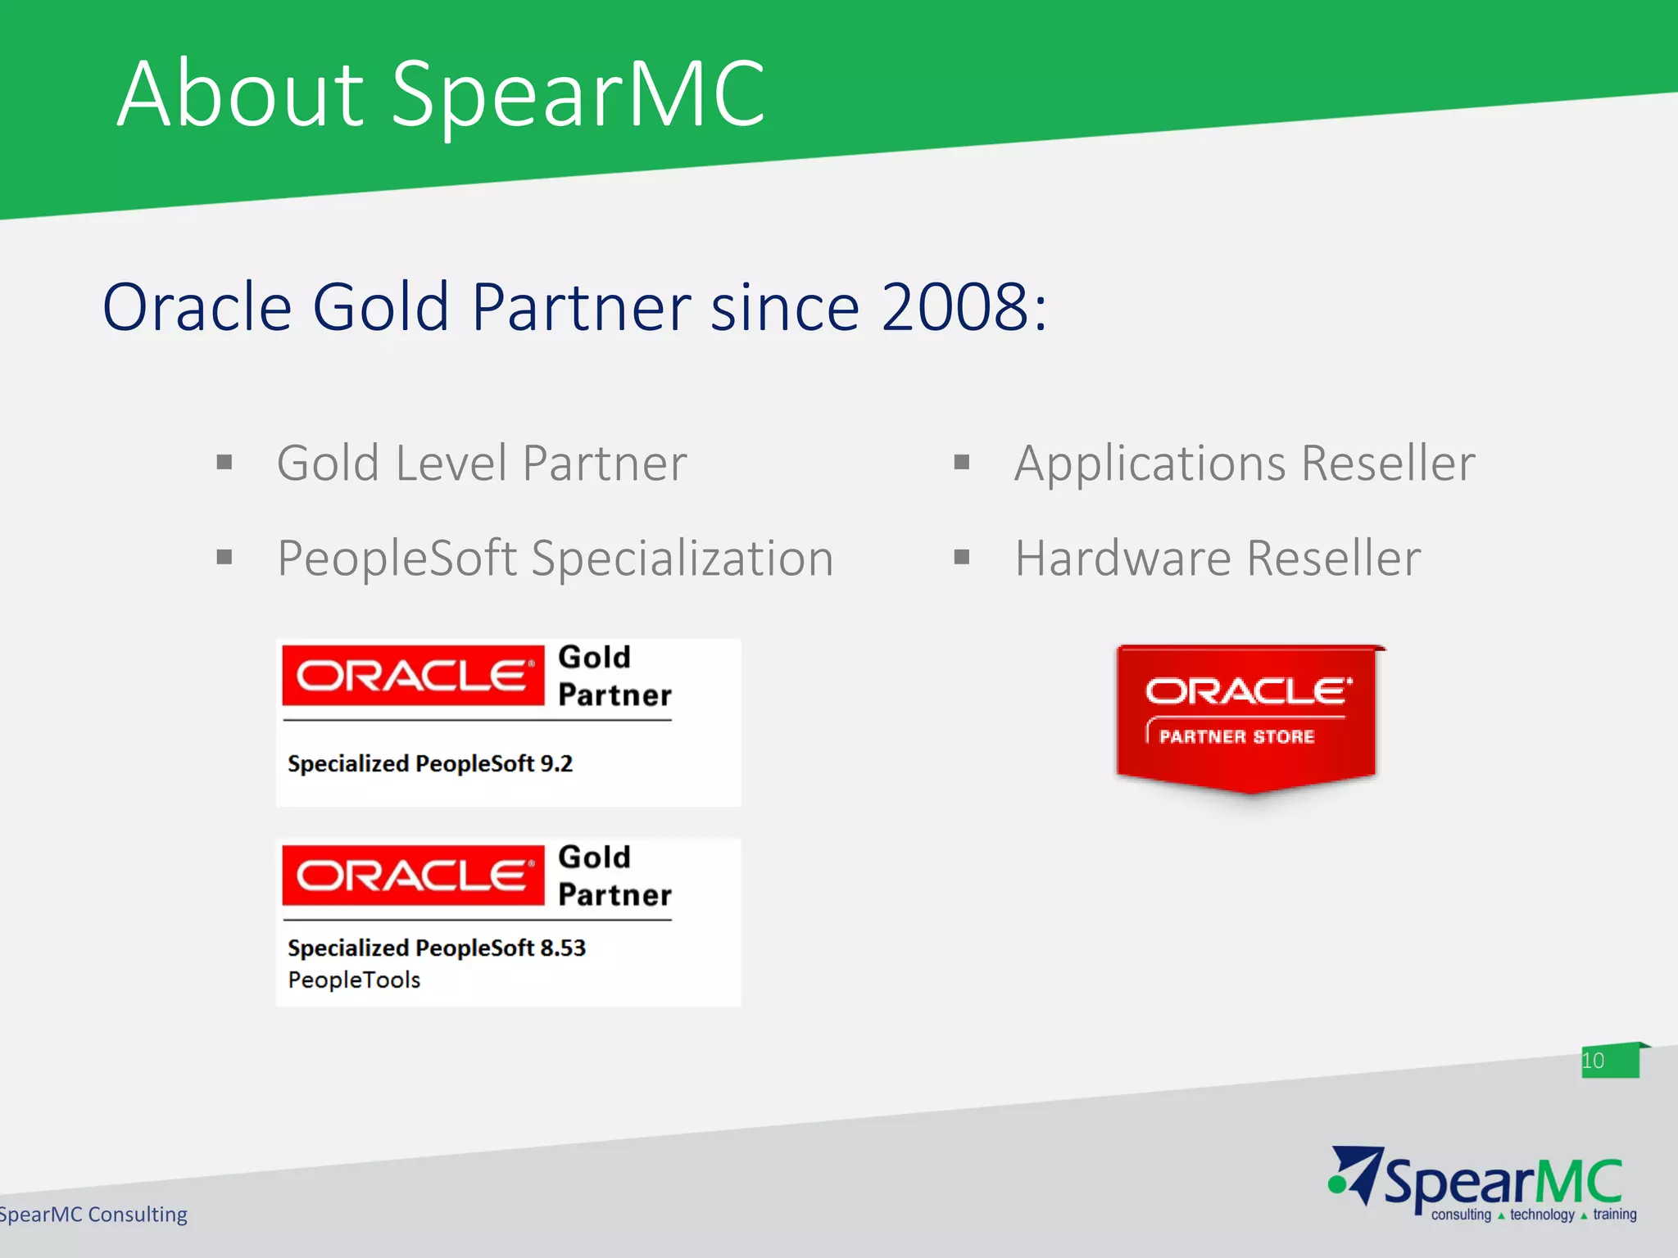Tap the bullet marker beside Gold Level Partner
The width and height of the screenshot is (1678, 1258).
click(x=224, y=464)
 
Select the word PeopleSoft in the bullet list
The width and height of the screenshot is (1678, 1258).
click(x=397, y=559)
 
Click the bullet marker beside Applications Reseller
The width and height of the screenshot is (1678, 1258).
click(x=962, y=464)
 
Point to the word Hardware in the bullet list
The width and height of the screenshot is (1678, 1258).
click(x=1123, y=559)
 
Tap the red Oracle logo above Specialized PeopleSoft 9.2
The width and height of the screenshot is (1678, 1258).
click(x=413, y=676)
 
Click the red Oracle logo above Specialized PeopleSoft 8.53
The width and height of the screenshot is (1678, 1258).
click(x=413, y=876)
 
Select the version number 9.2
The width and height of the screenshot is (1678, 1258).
click(x=556, y=763)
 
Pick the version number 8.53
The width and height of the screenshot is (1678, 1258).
click(x=563, y=948)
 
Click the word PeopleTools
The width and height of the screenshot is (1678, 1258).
click(x=354, y=980)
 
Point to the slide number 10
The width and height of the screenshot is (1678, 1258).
click(x=1593, y=1061)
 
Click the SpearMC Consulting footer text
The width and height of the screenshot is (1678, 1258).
click(x=93, y=1214)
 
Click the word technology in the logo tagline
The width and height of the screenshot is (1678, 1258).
click(x=1542, y=1215)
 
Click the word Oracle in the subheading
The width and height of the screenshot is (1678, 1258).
click(x=197, y=307)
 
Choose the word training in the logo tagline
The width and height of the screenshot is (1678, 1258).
click(x=1615, y=1215)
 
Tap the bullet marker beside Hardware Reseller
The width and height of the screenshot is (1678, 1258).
click(x=962, y=558)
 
